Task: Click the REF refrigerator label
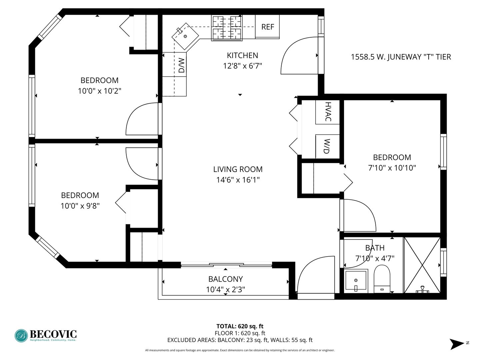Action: pos(267,27)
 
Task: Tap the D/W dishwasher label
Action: pos(182,65)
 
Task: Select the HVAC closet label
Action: pos(328,111)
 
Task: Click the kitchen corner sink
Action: pos(185,36)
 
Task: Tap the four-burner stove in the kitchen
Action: pos(227,28)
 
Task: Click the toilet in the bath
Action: pos(382,279)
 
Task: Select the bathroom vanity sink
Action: pos(356,281)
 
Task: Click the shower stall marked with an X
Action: pos(422,265)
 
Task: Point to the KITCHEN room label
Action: pos(242,56)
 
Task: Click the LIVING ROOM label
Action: pos(238,169)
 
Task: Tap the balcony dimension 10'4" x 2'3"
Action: pos(225,290)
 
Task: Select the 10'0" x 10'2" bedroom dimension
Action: pos(99,91)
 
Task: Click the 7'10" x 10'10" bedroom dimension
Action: pos(392,168)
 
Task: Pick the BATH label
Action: pos(375,248)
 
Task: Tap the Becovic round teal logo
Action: pos(21,336)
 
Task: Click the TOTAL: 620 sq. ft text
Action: pos(240,326)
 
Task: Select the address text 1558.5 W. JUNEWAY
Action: pos(385,57)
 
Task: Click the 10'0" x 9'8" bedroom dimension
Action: pos(80,206)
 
